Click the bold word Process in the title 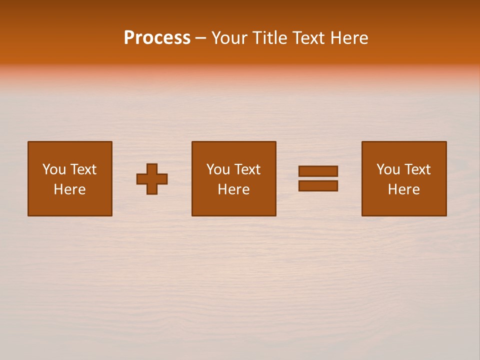(x=157, y=38)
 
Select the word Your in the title (x=229, y=38)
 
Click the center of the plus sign (x=152, y=179)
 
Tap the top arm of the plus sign (x=152, y=168)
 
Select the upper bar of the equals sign (x=318, y=171)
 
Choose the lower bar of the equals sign (x=318, y=185)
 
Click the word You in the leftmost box (x=53, y=169)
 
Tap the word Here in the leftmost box (x=69, y=189)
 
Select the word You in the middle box (x=217, y=169)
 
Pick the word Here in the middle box (x=233, y=189)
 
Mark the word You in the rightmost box (x=387, y=169)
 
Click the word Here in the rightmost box (x=403, y=189)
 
